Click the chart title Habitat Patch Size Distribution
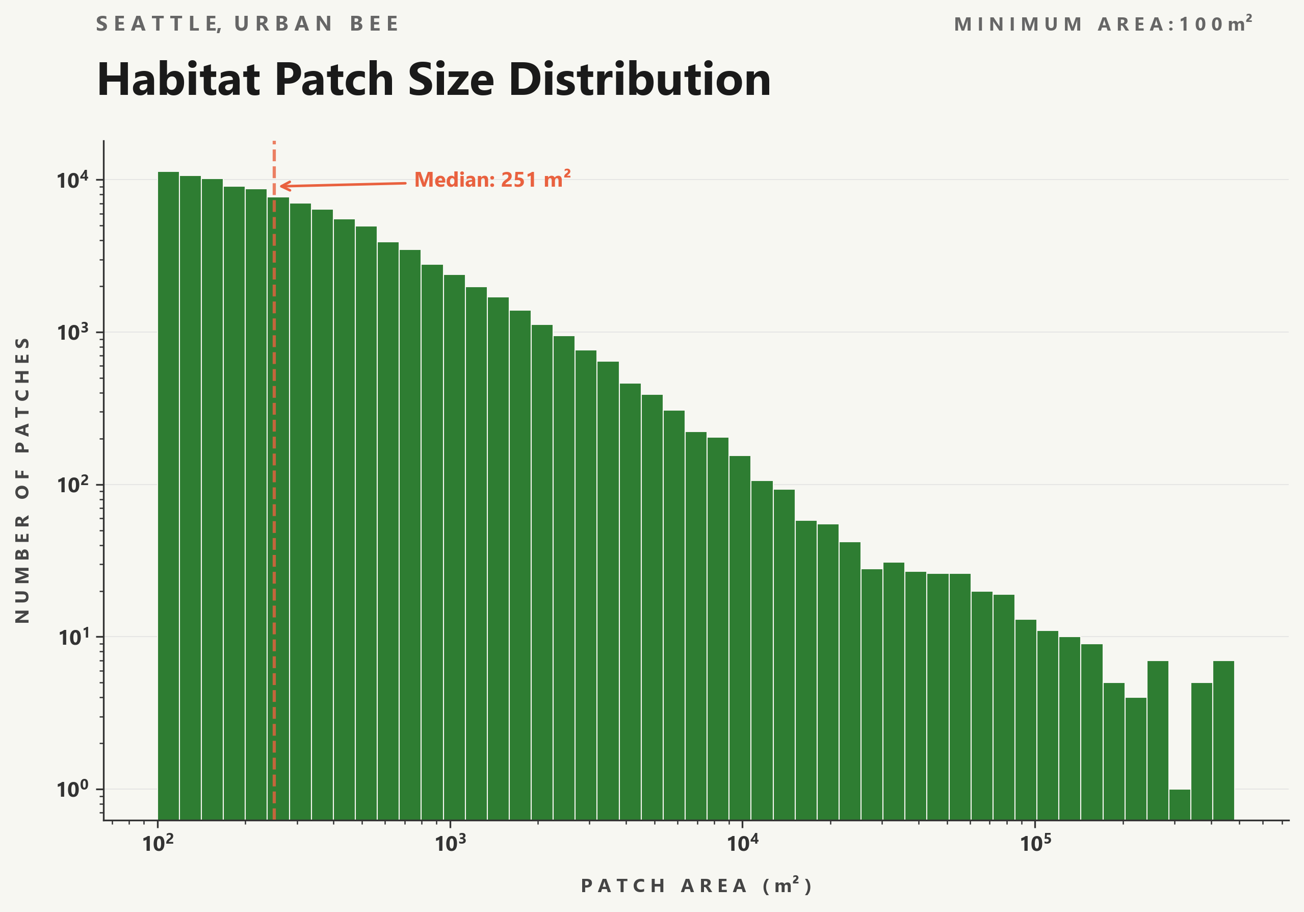[x=433, y=80]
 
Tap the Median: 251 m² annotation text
[x=492, y=180]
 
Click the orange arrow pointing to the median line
[x=343, y=185]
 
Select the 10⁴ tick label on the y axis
[x=73, y=180]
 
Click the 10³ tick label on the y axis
[x=73, y=333]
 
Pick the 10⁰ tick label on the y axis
[x=73, y=789]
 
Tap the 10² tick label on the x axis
[x=158, y=844]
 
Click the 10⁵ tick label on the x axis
[x=1035, y=844]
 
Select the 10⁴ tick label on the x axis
[x=742, y=844]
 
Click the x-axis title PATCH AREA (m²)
[x=696, y=886]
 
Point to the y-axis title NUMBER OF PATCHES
[x=22, y=480]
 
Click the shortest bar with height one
[x=1180, y=804]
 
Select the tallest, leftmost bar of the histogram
[x=168, y=494]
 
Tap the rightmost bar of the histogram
[x=1223, y=739]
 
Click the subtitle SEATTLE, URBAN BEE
[x=248, y=24]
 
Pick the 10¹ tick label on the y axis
[x=73, y=638]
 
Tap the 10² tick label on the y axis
[x=73, y=485]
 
